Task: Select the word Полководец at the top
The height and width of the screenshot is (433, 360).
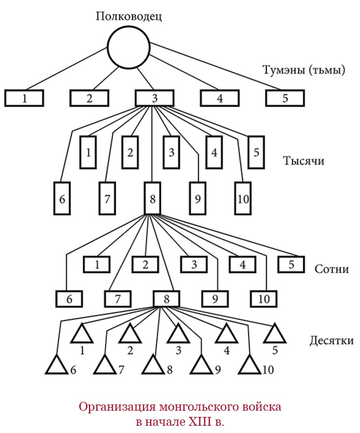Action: (129, 16)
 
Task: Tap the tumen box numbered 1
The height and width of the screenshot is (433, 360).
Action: (24, 98)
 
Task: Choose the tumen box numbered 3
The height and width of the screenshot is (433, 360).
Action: (154, 98)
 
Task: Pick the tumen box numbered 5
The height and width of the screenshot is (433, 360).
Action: (285, 98)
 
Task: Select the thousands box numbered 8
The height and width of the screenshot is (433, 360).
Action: (151, 198)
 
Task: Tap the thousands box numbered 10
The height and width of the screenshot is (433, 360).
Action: (242, 198)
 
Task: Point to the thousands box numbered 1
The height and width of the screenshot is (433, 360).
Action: (89, 152)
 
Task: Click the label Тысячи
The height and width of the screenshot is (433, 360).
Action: (304, 160)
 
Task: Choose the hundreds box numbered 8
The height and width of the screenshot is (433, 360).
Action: (166, 299)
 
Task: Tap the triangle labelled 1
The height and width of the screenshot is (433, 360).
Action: (82, 334)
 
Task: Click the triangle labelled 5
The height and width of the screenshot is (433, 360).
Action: (275, 334)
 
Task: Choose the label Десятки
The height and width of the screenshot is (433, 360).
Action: (332, 341)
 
